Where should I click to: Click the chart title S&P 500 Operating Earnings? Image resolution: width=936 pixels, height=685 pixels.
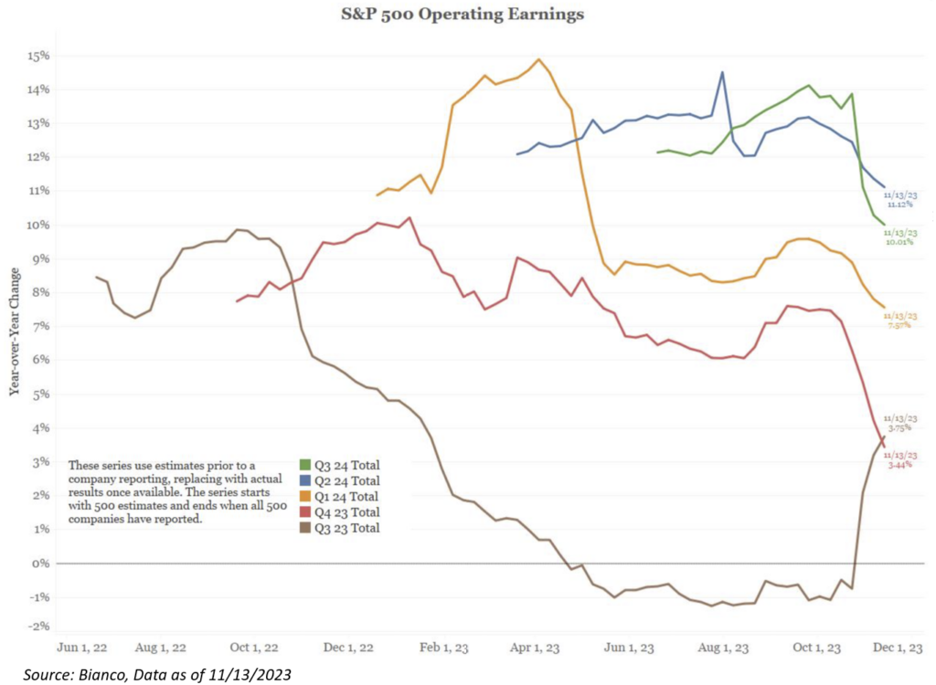coord(467,15)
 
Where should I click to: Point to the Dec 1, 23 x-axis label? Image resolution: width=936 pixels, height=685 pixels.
coord(899,648)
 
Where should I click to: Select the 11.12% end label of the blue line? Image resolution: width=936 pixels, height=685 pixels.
coord(899,205)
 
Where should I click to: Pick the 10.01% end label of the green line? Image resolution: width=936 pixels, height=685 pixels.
coord(899,242)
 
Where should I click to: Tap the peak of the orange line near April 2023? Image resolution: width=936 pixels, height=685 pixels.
coord(538,59)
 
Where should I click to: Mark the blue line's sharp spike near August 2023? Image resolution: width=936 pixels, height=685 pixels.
coord(722,72)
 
